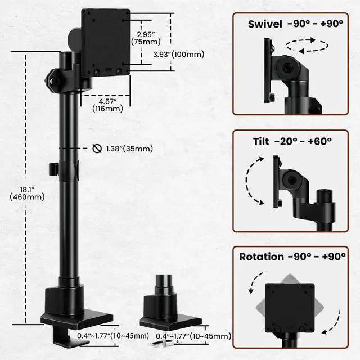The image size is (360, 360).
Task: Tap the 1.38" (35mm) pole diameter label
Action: tap(129, 148)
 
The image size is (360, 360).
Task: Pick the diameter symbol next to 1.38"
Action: tap(96, 148)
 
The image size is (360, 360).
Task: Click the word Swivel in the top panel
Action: tap(264, 24)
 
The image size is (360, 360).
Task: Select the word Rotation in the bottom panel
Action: tap(262, 256)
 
